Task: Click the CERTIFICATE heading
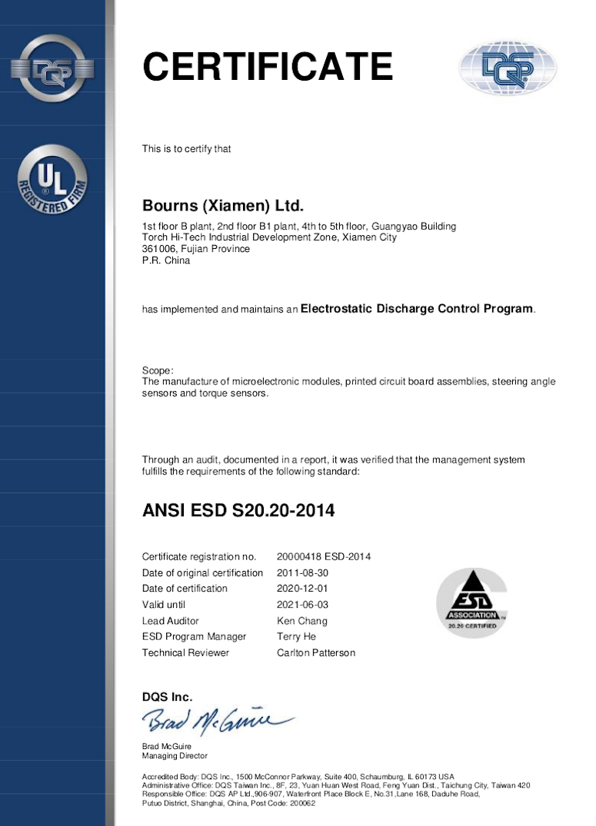268,67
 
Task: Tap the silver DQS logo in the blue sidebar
52,68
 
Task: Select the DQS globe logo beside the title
508,68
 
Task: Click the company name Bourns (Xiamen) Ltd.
223,206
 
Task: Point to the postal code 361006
159,249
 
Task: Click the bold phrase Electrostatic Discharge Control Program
416,309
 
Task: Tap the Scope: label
158,370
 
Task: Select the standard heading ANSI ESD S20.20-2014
238,509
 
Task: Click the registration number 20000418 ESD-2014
324,556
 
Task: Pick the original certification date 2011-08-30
302,572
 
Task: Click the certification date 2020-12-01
302,589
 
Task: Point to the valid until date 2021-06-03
302,605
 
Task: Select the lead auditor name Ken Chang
301,621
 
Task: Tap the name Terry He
296,636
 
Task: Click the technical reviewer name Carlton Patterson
315,652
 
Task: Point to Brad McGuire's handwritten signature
215,720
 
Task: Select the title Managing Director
175,756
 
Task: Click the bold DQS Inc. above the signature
167,697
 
